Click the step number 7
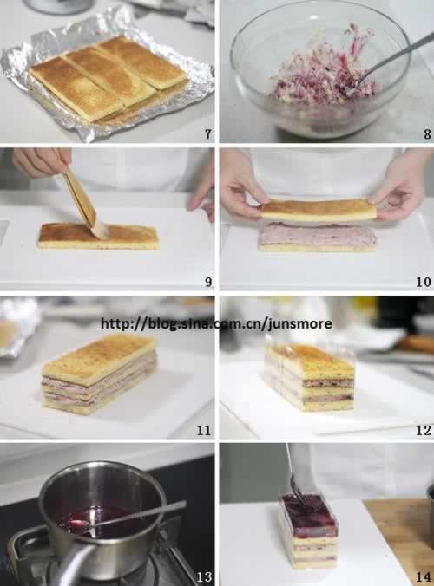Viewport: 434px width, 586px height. point(208,133)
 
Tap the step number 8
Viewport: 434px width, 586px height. point(427,133)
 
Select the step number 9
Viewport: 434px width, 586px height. point(208,282)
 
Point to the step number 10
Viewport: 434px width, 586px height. point(424,282)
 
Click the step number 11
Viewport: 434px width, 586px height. point(204,431)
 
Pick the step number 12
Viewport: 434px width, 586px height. point(424,431)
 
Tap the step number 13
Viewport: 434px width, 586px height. point(204,577)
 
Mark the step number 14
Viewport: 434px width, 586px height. point(424,577)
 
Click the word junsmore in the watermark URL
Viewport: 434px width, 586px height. point(300,323)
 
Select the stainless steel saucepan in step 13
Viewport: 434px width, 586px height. point(101,519)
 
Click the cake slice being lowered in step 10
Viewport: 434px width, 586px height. point(318,209)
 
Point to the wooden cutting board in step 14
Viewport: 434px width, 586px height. point(399,542)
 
